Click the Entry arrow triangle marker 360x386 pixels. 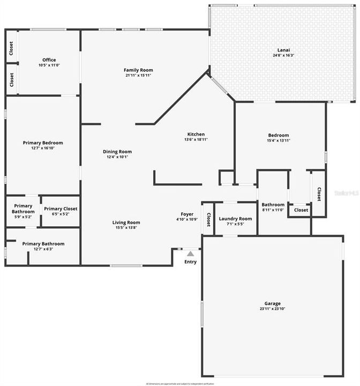(190, 254)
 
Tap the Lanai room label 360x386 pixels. (283, 49)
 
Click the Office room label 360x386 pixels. (49, 60)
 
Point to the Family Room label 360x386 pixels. (138, 70)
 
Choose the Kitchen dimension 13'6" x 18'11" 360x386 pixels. (196, 139)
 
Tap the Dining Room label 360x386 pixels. (117, 152)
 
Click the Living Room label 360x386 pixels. (126, 222)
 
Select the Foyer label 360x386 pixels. (187, 214)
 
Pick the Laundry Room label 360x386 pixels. (235, 219)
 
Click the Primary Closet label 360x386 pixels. (60, 209)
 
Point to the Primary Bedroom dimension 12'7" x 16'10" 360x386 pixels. (43, 148)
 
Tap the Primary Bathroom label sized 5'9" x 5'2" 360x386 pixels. (24, 209)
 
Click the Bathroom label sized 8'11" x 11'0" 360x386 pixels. (273, 205)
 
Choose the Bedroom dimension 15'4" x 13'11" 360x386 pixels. (278, 140)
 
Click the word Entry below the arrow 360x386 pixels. (190, 262)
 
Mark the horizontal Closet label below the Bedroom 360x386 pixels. (301, 210)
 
